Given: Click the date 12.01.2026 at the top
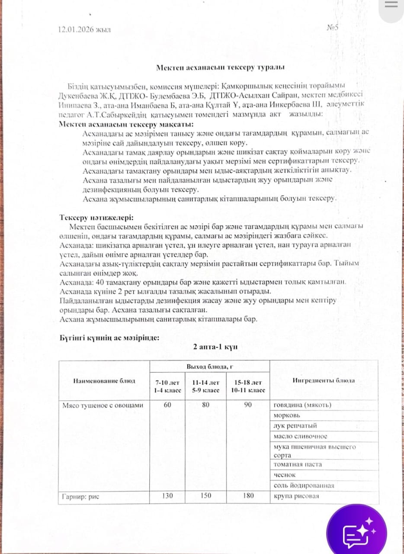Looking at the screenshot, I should [84, 29].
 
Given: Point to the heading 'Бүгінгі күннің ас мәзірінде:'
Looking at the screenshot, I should [109, 338].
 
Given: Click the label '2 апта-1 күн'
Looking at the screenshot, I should [215, 347].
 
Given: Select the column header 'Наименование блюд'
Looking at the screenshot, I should [104, 381].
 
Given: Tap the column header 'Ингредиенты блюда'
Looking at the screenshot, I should [324, 380].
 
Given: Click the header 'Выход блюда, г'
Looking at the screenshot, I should [210, 367].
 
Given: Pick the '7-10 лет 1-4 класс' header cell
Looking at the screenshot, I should [167, 386].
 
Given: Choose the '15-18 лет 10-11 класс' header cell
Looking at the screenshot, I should [248, 386].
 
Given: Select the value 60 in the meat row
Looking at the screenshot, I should [167, 405].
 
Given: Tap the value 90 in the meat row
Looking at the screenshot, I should [248, 405].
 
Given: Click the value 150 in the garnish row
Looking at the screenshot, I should [206, 496].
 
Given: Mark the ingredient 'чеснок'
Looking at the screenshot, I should [285, 475].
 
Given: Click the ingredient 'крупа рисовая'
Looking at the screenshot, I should [296, 496].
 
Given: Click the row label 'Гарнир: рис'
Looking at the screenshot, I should [81, 496].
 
